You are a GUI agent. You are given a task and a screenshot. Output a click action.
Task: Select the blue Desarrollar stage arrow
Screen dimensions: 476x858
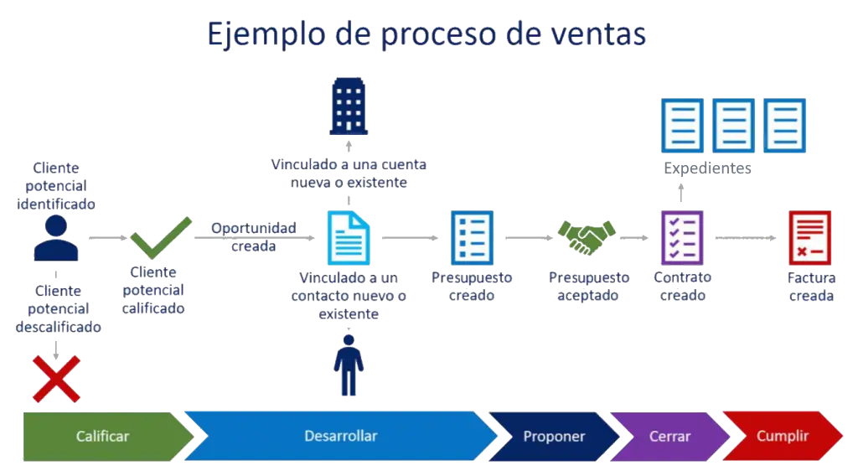tap(340, 437)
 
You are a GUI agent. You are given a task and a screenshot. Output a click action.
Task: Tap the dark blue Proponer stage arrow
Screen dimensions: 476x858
tap(554, 437)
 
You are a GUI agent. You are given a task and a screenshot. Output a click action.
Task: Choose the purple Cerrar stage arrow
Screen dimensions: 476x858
tap(669, 437)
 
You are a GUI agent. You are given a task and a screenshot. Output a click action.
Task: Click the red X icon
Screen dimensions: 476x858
tap(56, 378)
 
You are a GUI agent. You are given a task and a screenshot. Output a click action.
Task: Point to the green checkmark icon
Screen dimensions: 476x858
tap(160, 238)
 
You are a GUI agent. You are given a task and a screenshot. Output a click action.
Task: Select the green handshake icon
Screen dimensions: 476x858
tap(587, 237)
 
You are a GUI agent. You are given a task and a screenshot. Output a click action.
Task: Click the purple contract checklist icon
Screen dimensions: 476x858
tap(681, 237)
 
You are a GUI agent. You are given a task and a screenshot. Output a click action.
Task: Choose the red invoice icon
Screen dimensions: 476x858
tap(809, 237)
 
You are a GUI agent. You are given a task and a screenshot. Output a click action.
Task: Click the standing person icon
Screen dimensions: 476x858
tap(349, 365)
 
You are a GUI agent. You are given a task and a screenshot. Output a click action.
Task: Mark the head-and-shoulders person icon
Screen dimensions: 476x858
tap(56, 239)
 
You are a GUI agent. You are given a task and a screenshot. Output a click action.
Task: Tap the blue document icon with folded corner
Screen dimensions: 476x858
tap(348, 238)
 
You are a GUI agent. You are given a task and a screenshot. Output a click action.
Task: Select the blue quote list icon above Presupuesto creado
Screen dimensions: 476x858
tap(473, 237)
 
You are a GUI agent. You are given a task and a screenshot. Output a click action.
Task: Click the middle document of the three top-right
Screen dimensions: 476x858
tap(733, 125)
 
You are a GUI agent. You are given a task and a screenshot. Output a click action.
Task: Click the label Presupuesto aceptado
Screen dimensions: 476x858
tap(589, 286)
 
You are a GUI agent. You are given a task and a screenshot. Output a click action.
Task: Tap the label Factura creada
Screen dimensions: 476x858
tap(811, 286)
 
